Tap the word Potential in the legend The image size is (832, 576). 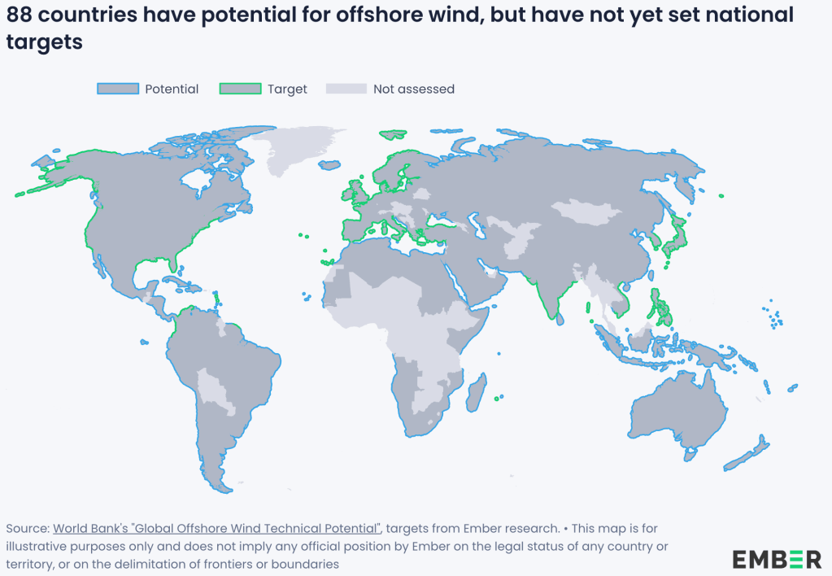172,89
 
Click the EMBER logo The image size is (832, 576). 777,559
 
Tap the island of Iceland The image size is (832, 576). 329,165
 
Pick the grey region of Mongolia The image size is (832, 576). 592,212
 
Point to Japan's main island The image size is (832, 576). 677,231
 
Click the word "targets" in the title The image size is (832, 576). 44,42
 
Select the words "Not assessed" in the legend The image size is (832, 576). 413,89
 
